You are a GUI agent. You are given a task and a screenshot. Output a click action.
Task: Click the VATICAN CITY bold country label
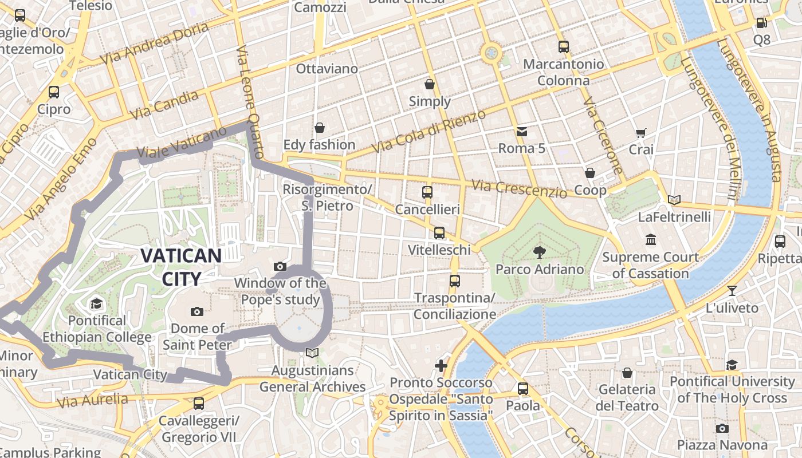pos(181,267)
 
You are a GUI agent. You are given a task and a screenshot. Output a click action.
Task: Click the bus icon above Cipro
pos(54,92)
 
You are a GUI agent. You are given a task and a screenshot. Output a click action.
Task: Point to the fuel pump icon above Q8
pos(761,23)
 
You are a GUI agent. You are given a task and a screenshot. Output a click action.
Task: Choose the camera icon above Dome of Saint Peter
pos(197,311)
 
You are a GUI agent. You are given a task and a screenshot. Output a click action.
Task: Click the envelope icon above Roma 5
pos(522,132)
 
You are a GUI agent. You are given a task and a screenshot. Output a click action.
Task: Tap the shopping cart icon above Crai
pos(641,133)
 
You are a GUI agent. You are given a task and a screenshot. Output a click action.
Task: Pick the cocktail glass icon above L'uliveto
pos(732,290)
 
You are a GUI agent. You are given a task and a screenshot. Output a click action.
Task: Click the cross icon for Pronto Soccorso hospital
pos(441,365)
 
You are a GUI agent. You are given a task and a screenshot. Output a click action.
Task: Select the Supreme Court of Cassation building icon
pos(650,239)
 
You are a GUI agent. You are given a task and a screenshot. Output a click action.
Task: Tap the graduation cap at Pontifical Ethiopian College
pos(96,303)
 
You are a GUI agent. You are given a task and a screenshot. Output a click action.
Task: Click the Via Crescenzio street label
pos(519,188)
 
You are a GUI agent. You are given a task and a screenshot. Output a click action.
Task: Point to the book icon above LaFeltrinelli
pos(674,200)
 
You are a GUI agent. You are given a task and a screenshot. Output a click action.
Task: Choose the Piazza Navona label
pos(722,445)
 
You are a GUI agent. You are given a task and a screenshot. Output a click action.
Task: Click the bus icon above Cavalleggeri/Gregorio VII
pos(198,404)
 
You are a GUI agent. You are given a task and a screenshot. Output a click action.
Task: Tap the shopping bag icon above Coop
pos(590,173)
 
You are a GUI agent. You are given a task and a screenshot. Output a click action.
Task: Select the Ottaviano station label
pos(327,69)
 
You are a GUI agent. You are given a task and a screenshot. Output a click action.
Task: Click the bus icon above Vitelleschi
pos(439,233)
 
